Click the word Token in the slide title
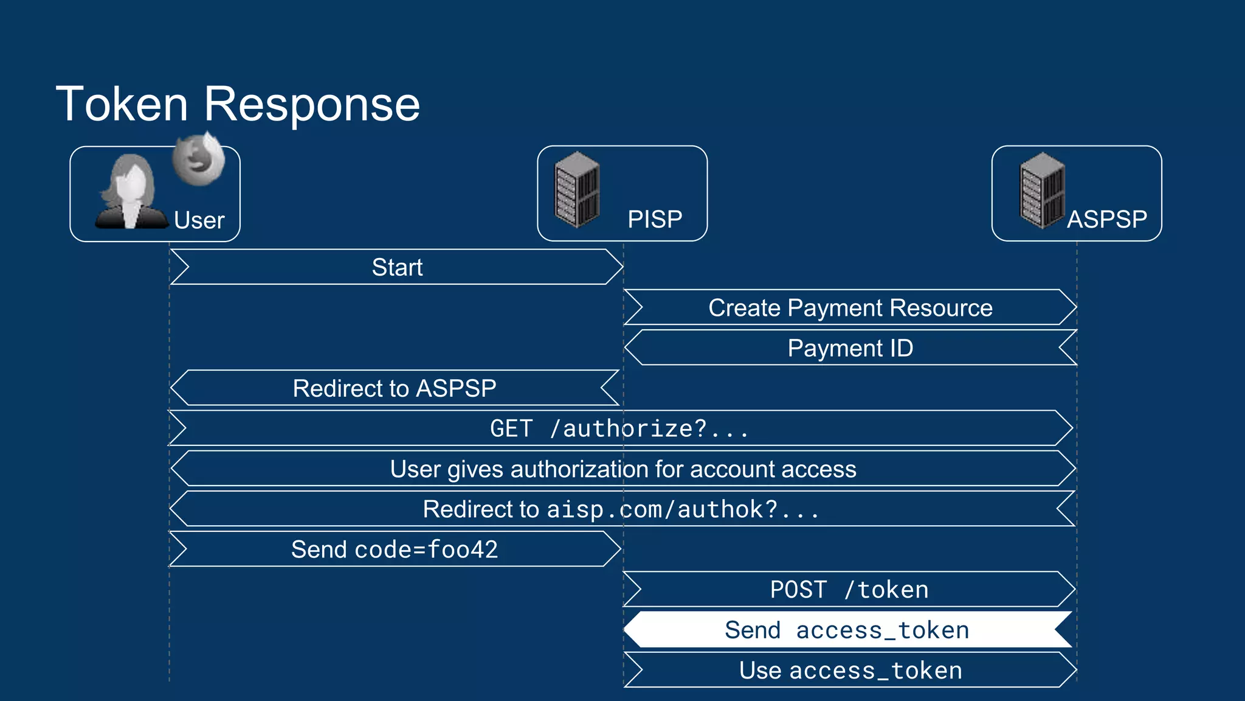click(x=122, y=104)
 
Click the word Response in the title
click(x=311, y=104)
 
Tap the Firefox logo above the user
click(x=198, y=159)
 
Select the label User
click(x=199, y=220)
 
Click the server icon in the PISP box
click(x=577, y=190)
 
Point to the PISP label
click(x=655, y=219)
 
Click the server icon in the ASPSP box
click(x=1042, y=190)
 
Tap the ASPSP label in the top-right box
click(x=1106, y=219)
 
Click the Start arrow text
click(x=397, y=267)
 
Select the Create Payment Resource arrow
click(x=850, y=308)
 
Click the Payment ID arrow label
click(x=850, y=348)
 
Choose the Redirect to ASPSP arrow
click(x=395, y=388)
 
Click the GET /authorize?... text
click(x=619, y=429)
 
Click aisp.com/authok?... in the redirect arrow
click(x=683, y=509)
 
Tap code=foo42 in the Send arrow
click(x=426, y=549)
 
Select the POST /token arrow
click(x=849, y=590)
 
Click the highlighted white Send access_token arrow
click(x=847, y=630)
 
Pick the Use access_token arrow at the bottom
click(x=850, y=671)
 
